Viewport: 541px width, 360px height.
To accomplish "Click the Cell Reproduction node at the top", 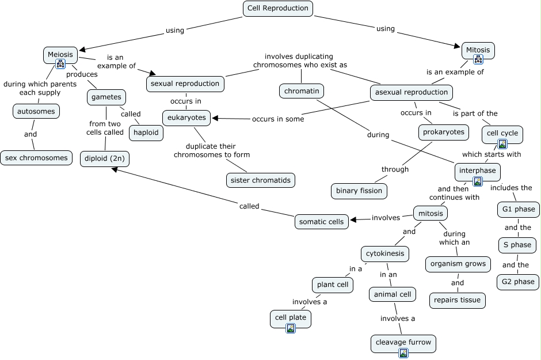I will pos(278,8).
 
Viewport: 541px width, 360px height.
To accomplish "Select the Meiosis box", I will pos(60,55).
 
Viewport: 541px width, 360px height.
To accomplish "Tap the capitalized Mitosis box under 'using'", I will pos(478,50).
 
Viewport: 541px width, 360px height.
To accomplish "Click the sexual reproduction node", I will pos(185,84).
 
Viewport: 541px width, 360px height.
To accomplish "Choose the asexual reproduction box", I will pos(411,92).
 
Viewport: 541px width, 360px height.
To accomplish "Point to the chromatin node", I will pos(302,90).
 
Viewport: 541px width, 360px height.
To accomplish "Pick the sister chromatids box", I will pos(261,180).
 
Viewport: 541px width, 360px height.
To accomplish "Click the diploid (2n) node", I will pos(105,158).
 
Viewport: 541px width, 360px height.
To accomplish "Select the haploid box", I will pos(146,132).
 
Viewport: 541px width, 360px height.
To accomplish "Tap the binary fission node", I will pos(359,191).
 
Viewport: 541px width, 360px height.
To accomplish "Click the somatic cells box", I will pos(321,221).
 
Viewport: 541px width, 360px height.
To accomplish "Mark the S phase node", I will pos(517,245).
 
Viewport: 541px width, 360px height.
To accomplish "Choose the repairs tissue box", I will pos(458,300).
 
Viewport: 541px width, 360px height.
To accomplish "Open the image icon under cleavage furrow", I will pos(403,353).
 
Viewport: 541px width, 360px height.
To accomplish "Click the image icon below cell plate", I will pos(291,328).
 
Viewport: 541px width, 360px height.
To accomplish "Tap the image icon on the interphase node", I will pos(477,181).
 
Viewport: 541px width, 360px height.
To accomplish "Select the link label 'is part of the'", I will pos(475,113).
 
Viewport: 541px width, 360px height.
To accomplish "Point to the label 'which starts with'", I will pos(492,154).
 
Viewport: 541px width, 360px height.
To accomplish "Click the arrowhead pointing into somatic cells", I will pos(353,219).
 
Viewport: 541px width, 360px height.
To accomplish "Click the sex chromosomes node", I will pos(36,158).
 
